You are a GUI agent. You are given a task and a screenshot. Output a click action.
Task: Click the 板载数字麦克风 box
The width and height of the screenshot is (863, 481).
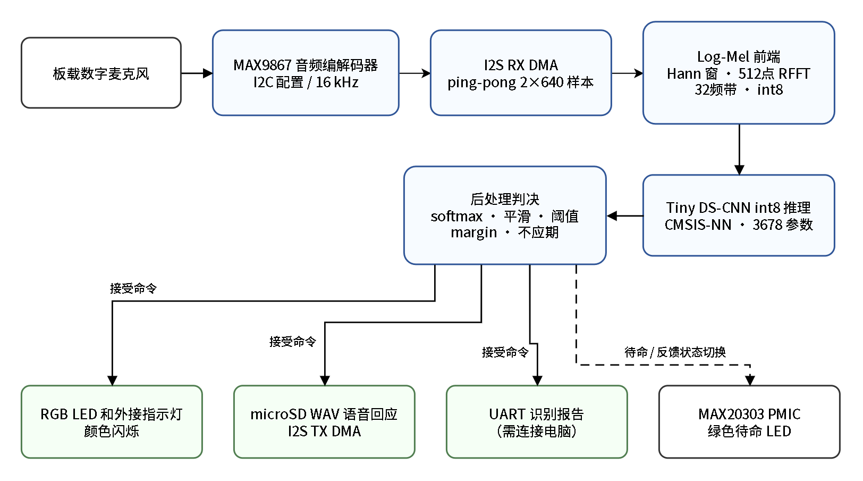(101, 73)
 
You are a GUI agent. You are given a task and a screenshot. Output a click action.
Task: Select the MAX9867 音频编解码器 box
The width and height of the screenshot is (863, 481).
(306, 73)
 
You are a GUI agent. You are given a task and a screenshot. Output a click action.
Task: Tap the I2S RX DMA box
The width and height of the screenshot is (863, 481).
(520, 73)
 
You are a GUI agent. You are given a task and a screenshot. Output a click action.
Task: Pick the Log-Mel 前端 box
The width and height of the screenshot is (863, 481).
(739, 73)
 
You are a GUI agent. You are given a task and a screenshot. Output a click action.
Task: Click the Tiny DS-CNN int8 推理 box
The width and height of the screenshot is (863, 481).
(739, 215)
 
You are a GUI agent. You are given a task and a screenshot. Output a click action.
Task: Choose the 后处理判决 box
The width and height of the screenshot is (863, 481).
(505, 215)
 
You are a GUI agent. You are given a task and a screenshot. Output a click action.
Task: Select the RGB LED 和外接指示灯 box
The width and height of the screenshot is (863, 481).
(112, 422)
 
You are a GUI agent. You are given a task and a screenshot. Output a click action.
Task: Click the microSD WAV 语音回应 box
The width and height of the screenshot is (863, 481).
(324, 422)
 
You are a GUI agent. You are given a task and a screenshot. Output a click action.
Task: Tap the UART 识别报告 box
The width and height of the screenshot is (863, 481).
(537, 422)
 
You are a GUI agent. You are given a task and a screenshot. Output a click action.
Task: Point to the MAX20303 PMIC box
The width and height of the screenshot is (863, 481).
(749, 422)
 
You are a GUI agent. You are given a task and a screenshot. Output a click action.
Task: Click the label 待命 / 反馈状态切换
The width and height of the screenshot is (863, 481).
(675, 352)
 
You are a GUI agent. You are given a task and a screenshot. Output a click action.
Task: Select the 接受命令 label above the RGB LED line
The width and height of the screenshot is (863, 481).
(133, 288)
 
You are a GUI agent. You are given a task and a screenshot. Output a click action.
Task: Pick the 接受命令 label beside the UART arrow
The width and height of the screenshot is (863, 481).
(505, 352)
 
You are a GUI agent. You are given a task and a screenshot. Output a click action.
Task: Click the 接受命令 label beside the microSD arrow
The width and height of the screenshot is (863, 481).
(293, 342)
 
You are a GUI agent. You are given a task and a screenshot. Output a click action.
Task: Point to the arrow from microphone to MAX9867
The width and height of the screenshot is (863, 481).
(197, 73)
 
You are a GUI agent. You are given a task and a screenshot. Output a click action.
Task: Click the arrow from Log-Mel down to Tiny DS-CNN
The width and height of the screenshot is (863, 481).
(739, 150)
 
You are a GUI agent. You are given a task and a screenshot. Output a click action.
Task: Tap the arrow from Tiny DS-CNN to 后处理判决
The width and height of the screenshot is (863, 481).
(625, 216)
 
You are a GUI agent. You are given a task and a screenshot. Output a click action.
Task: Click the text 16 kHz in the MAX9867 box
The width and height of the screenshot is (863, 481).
(337, 82)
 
